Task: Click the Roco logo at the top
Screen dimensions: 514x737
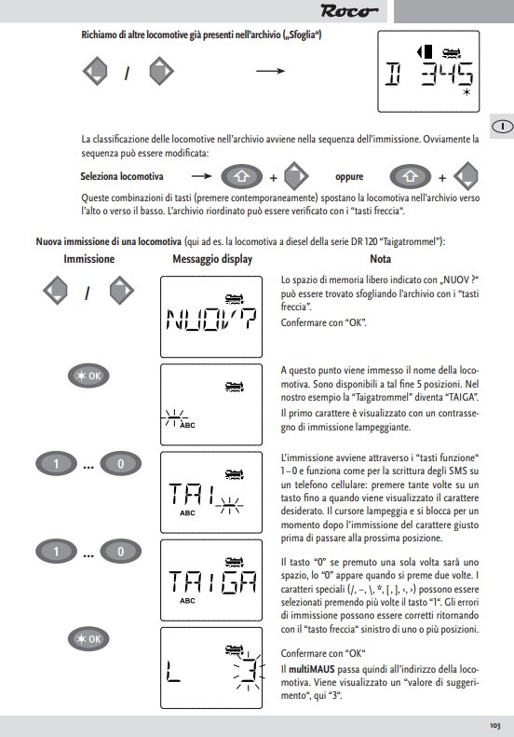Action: click(348, 11)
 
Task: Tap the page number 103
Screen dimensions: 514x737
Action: click(494, 726)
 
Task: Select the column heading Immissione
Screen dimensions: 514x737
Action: click(88, 259)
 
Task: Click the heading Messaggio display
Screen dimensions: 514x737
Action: click(212, 259)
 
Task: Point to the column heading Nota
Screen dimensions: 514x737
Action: click(381, 258)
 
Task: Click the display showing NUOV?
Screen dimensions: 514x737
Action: click(211, 317)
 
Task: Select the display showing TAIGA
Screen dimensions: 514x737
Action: click(211, 580)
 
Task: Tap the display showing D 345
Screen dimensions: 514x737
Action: click(428, 72)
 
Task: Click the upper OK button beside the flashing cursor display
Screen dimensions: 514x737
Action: click(88, 376)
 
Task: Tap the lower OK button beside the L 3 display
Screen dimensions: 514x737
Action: click(88, 639)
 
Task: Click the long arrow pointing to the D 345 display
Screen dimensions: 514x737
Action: click(271, 71)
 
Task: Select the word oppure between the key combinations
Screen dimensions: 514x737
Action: click(349, 177)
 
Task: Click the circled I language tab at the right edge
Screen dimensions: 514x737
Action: click(502, 127)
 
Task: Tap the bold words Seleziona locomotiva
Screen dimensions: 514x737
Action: click(122, 176)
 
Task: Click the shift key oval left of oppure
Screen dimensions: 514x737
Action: click(241, 177)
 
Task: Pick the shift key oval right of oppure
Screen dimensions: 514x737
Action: click(410, 177)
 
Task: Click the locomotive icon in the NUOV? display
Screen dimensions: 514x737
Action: click(235, 298)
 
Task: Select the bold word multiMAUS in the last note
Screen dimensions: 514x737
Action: click(312, 669)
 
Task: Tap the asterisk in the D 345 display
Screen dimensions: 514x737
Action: click(467, 92)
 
